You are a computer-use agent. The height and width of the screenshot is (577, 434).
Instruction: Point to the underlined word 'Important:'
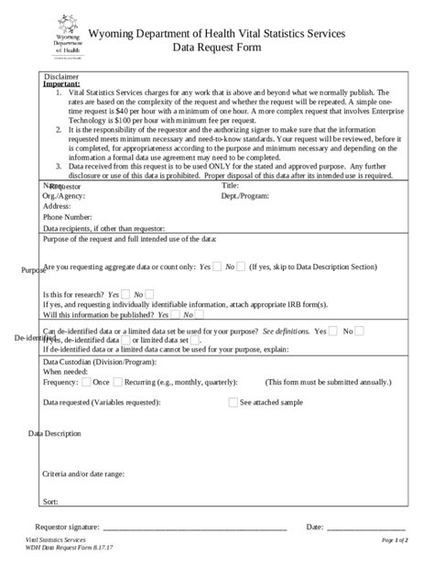click(61, 84)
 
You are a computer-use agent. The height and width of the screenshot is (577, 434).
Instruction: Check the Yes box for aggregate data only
click(217, 267)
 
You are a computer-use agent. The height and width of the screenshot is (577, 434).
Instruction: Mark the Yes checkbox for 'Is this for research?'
click(125, 294)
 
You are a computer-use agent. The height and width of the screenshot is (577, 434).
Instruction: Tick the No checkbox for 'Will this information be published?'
click(187, 314)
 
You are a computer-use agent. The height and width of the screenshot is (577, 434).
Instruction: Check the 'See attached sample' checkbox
click(233, 402)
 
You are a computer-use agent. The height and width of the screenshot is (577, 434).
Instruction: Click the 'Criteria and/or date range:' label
click(84, 474)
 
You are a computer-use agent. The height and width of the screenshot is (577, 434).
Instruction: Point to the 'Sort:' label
click(51, 501)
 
